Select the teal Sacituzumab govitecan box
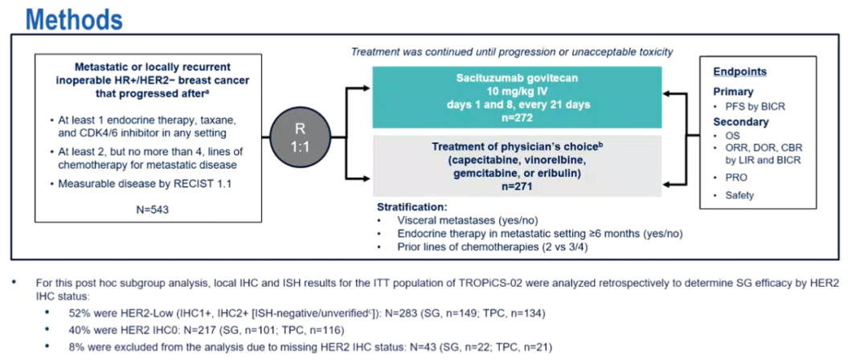[517, 96]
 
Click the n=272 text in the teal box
[517, 117]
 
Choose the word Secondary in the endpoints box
[740, 122]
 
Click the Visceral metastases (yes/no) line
[452, 219]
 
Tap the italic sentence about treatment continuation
[512, 52]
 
